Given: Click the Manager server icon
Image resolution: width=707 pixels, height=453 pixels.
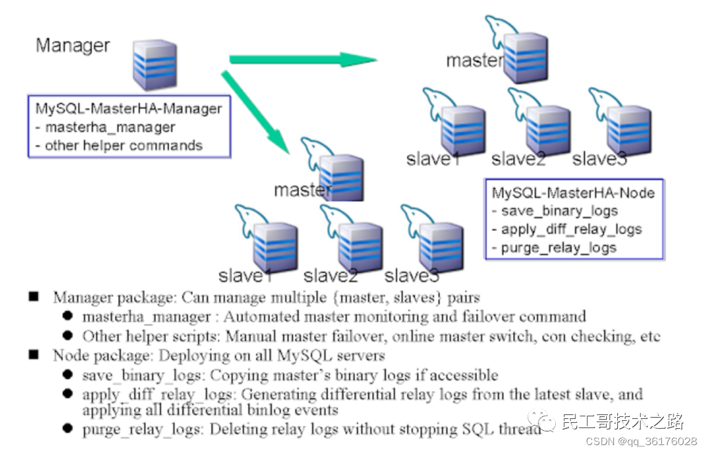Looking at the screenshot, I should point(154,64).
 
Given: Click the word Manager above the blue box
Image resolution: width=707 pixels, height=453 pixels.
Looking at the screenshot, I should point(73,46).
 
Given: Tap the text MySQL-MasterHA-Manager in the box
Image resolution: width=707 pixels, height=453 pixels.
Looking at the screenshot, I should point(128,109).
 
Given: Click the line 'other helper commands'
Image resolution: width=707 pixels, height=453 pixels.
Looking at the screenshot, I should point(123,145).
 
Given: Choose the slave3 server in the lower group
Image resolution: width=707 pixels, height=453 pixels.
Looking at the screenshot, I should point(441,245).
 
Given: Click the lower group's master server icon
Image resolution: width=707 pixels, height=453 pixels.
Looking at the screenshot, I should point(341,177).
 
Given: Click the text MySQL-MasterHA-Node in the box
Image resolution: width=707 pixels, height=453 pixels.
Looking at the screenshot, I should point(573,193).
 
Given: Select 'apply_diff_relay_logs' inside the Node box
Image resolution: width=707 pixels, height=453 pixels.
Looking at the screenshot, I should point(571,229).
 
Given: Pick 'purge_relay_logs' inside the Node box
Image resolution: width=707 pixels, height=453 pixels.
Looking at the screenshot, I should point(558,247).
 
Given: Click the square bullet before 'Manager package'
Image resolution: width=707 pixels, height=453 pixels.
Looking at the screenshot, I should point(34,297).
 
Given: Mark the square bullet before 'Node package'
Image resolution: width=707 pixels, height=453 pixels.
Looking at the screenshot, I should point(34,355).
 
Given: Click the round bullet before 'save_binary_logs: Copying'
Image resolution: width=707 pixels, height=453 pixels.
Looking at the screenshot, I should point(68,375).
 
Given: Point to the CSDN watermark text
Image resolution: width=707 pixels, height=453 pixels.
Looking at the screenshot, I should point(641,441).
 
